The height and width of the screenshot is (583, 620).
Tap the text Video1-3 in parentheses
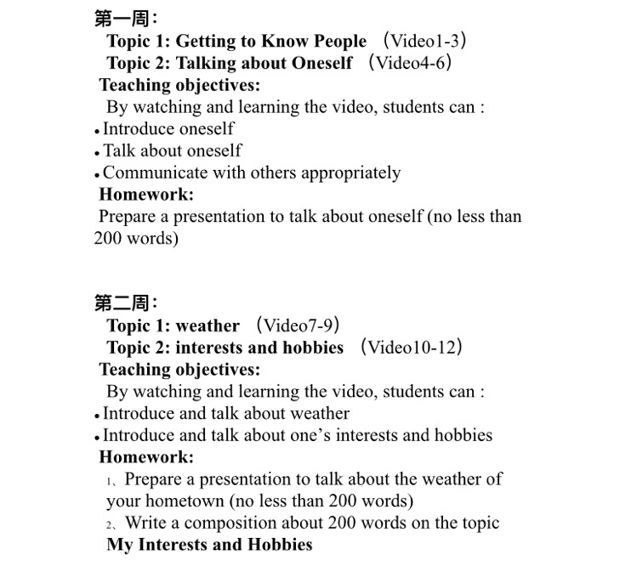(424, 41)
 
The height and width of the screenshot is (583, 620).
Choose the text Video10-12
(412, 348)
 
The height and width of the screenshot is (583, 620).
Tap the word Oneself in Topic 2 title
(321, 63)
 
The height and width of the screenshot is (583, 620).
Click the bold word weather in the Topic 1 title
(208, 326)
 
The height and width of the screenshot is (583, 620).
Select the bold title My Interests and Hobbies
(209, 545)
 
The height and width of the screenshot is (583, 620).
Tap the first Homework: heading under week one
(146, 195)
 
